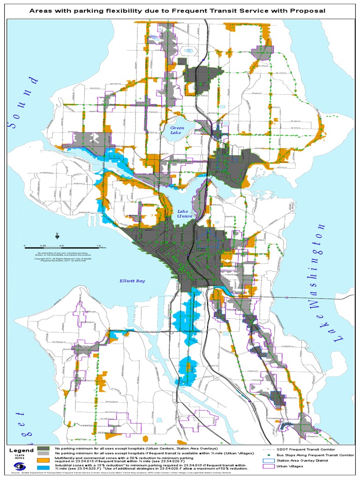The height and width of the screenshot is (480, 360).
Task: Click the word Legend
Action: [x=21, y=450]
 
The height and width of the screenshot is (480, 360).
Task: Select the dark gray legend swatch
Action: [x=44, y=449]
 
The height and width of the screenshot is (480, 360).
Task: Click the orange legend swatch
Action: [x=44, y=460]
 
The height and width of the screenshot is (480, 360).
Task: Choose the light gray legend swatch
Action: [x=44, y=454]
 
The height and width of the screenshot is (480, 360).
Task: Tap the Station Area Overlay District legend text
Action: [x=306, y=461]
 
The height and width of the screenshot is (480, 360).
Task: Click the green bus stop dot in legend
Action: [x=268, y=455]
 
